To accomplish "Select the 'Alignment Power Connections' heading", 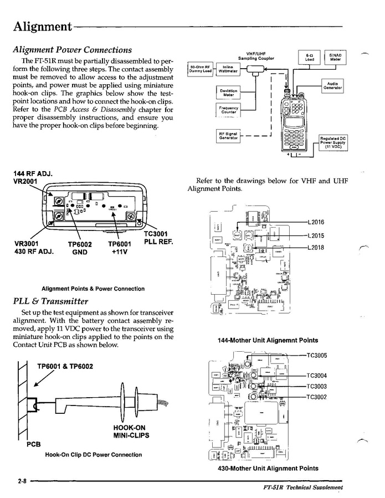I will tap(72, 50).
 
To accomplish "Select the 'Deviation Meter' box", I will tap(228, 93).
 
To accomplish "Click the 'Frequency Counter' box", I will tap(228, 110).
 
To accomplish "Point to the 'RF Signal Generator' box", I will tap(228, 136).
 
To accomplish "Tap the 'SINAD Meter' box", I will tap(335, 58).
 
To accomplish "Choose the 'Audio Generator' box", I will tap(333, 86).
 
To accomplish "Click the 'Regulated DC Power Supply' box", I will tap(332, 143).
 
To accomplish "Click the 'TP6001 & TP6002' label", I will tap(65, 366).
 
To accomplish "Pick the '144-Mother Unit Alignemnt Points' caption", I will tap(268, 340).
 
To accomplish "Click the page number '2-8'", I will tap(22, 481).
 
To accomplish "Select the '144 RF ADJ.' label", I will tap(33, 173).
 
